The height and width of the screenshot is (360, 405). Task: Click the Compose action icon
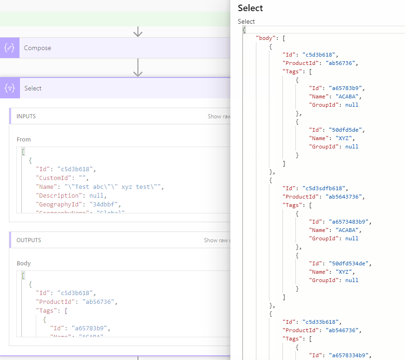click(x=9, y=48)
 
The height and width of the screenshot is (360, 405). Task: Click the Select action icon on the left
click(x=10, y=88)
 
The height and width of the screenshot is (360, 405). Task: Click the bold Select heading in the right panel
click(x=250, y=8)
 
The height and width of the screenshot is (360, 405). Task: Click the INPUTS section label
click(x=26, y=116)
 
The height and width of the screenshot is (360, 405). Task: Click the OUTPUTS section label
click(x=29, y=240)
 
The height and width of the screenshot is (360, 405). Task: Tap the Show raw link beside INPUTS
click(x=219, y=116)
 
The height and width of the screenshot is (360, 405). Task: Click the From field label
click(x=24, y=139)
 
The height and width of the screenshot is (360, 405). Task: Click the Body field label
click(x=24, y=263)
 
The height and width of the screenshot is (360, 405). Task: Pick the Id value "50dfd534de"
click(x=351, y=264)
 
